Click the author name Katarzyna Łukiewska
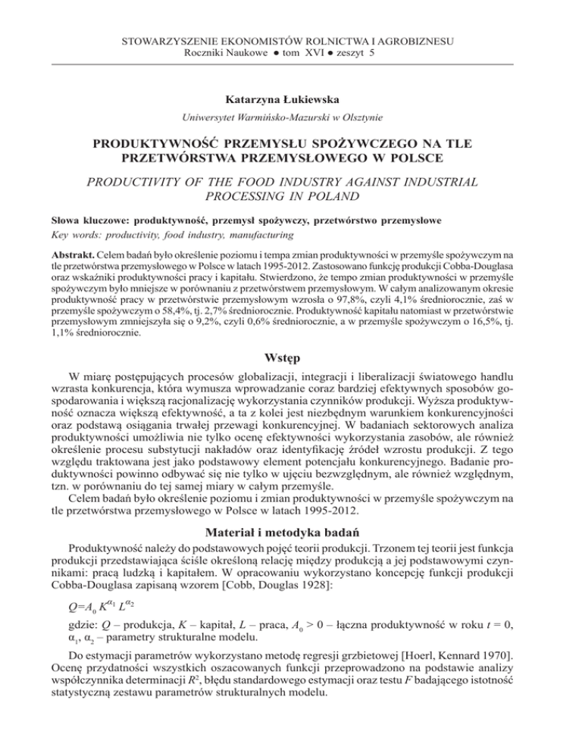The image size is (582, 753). pyautogui.click(x=290, y=98)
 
